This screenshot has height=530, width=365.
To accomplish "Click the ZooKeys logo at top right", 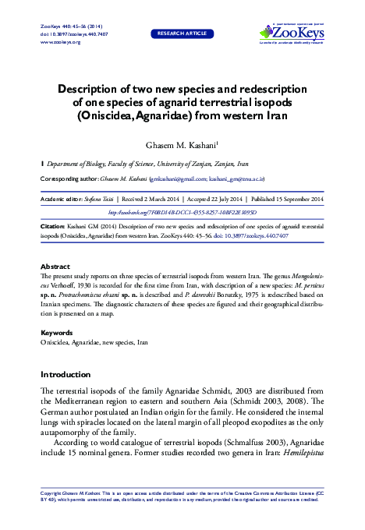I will (292, 33).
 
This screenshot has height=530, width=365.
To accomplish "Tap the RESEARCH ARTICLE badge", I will (182, 34).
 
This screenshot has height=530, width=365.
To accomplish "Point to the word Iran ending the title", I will (273, 116).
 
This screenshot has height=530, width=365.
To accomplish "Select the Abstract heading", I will (55, 266).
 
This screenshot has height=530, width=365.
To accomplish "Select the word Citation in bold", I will (54, 225).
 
